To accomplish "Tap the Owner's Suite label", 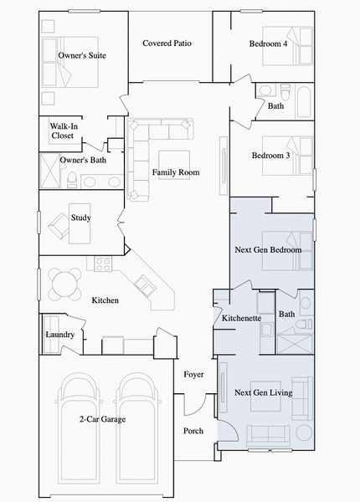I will pos(82,56).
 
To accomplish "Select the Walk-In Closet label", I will pos(63,131).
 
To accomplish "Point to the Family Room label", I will pos(176,173).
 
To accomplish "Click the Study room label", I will pos(81,218).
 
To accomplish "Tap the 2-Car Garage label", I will pos(102,419).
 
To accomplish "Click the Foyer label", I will pos(194,374).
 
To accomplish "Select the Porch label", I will pos(193,432).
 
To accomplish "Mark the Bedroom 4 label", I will pos(269,44).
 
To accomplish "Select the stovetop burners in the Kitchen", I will pos(103,264).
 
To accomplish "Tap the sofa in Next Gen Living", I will pos(266,435).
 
